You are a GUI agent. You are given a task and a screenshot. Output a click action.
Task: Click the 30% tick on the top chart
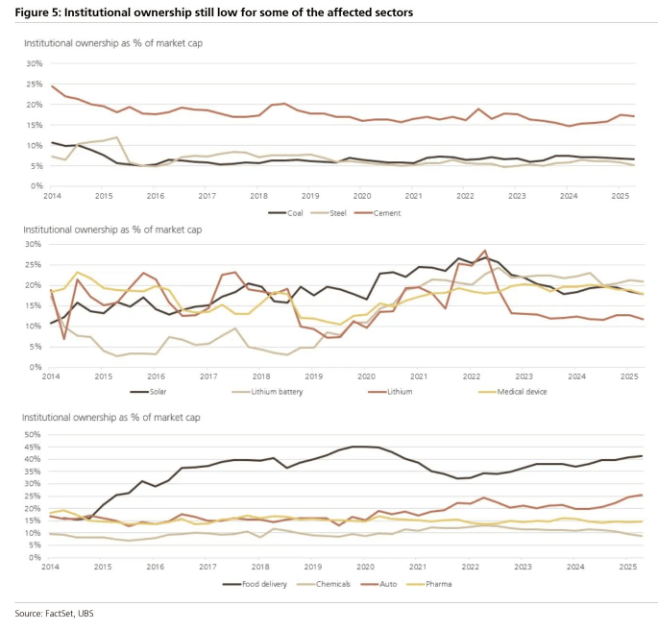pyautogui.click(x=35, y=63)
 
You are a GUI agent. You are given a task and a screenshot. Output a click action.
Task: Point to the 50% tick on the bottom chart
pyautogui.click(x=35, y=434)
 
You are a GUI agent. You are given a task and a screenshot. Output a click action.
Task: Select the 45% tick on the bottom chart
pyautogui.click(x=35, y=447)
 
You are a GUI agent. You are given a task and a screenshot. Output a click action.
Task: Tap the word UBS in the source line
pyautogui.click(x=89, y=612)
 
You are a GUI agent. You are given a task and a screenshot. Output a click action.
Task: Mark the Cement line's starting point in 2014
pyautogui.click(x=53, y=86)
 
